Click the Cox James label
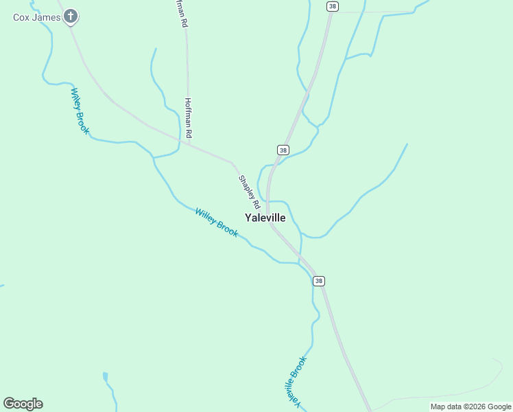pos(37,16)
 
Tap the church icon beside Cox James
pos(71,16)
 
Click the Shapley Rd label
pos(249,192)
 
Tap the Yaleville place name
pos(265,218)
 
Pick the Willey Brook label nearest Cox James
pos(80,111)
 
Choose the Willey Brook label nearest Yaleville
pos(217,222)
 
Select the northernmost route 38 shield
pos(333,6)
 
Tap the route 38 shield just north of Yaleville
pos(283,150)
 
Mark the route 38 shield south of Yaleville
pos(318,281)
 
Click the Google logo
pos(23,404)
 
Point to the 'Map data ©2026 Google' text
pos(470,407)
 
